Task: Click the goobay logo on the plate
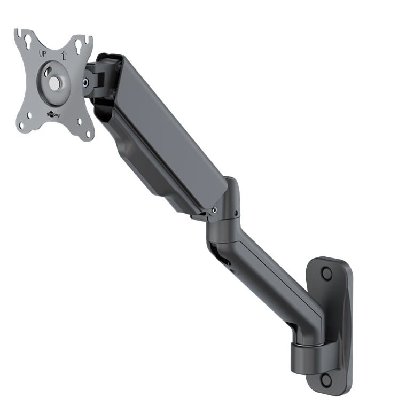tap(53, 114)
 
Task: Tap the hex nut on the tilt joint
tap(85, 82)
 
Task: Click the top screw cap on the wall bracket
tap(326, 273)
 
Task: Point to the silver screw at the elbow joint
tap(214, 210)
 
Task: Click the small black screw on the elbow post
tap(236, 214)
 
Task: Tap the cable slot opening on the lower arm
tap(224, 262)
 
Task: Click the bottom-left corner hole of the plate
tap(22, 125)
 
